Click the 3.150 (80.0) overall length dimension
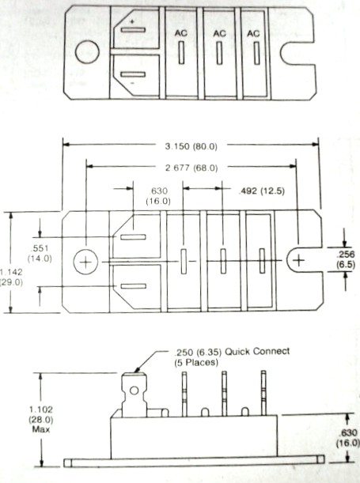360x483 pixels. click(x=191, y=146)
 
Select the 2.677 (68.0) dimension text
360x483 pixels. click(x=191, y=168)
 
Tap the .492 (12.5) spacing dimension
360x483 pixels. click(x=262, y=191)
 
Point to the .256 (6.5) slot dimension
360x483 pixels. click(x=346, y=259)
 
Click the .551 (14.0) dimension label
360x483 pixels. click(x=40, y=253)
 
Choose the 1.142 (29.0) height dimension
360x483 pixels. click(x=11, y=277)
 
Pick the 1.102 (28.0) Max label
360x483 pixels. click(x=41, y=419)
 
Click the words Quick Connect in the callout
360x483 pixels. click(x=257, y=351)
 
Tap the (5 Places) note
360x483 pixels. click(x=196, y=362)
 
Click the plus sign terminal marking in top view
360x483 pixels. click(x=132, y=21)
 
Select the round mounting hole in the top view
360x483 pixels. click(x=87, y=52)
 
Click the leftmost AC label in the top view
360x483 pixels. click(x=181, y=33)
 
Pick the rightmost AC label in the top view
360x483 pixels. click(x=253, y=33)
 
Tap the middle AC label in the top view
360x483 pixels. click(x=219, y=33)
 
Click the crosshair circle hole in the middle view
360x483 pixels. click(x=85, y=262)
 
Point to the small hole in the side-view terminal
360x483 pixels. click(x=134, y=391)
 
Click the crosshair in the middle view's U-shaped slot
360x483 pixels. click(x=298, y=261)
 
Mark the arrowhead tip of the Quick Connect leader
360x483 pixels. click(x=135, y=372)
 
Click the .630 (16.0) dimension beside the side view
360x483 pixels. click(x=348, y=438)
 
